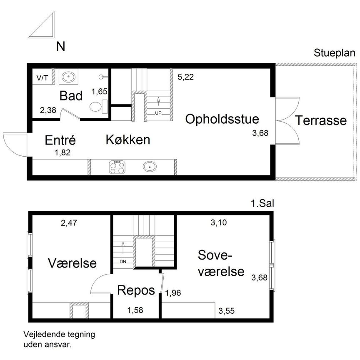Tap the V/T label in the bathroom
pyautogui.click(x=42, y=78)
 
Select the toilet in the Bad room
pyautogui.click(x=99, y=107)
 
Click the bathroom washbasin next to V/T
pyautogui.click(x=68, y=77)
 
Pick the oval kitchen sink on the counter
pyautogui.click(x=150, y=166)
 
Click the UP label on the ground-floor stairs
pyautogui.click(x=158, y=113)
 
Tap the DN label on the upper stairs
pyautogui.click(x=123, y=262)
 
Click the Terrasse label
pyautogui.click(x=321, y=120)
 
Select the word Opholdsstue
pyautogui.click(x=222, y=119)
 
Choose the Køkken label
pyautogui.click(x=128, y=140)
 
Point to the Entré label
pyautogui.click(x=60, y=140)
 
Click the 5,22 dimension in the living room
pyautogui.click(x=185, y=77)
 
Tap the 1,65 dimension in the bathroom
pyautogui.click(x=100, y=91)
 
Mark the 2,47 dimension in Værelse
pyautogui.click(x=69, y=222)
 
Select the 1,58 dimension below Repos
pyautogui.click(x=135, y=310)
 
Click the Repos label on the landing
pyautogui.click(x=136, y=290)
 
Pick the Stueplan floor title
pyautogui.click(x=335, y=53)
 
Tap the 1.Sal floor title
pyautogui.click(x=262, y=203)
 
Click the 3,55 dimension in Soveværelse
pyautogui.click(x=226, y=311)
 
